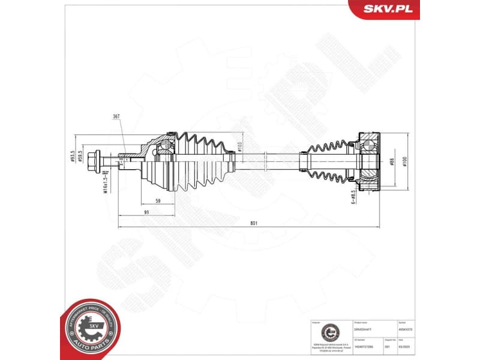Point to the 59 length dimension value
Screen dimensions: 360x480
click(157, 201)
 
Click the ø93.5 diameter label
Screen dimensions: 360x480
click(72, 156)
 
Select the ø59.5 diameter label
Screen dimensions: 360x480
click(80, 157)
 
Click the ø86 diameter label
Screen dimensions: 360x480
click(391, 161)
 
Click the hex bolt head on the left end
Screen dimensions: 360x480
click(94, 161)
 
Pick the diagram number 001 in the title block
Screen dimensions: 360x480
click(387, 346)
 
